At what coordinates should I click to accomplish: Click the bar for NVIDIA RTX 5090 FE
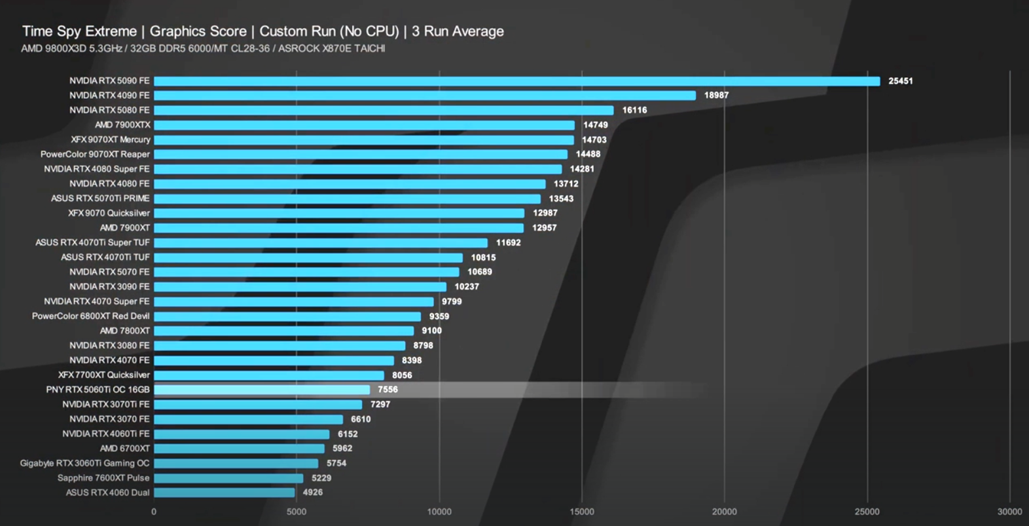(x=516, y=81)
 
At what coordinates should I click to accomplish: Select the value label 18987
(x=716, y=96)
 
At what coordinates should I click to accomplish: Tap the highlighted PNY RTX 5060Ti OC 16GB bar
(x=262, y=390)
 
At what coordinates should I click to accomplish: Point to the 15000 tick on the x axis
(x=581, y=512)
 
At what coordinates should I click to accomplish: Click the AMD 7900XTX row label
(x=122, y=125)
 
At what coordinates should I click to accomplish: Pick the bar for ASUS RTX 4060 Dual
(x=224, y=493)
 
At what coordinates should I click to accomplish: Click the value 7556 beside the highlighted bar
(x=388, y=390)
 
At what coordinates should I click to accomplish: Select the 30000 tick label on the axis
(x=1009, y=512)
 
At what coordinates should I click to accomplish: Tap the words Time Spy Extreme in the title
(x=79, y=31)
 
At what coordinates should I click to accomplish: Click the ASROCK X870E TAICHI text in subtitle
(x=331, y=48)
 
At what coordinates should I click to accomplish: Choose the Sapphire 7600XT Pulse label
(x=103, y=478)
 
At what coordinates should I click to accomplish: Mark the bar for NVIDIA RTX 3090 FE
(x=300, y=287)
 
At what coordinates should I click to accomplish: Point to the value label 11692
(x=508, y=243)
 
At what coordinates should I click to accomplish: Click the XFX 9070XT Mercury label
(x=111, y=140)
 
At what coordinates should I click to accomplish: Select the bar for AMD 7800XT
(x=283, y=331)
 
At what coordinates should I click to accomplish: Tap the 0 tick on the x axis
(x=154, y=512)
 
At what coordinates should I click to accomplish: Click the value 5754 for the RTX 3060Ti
(x=336, y=463)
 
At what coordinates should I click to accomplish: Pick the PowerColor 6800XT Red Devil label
(x=91, y=316)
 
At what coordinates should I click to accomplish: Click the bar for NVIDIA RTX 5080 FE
(x=384, y=110)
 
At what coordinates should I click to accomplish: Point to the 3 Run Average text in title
(x=458, y=31)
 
